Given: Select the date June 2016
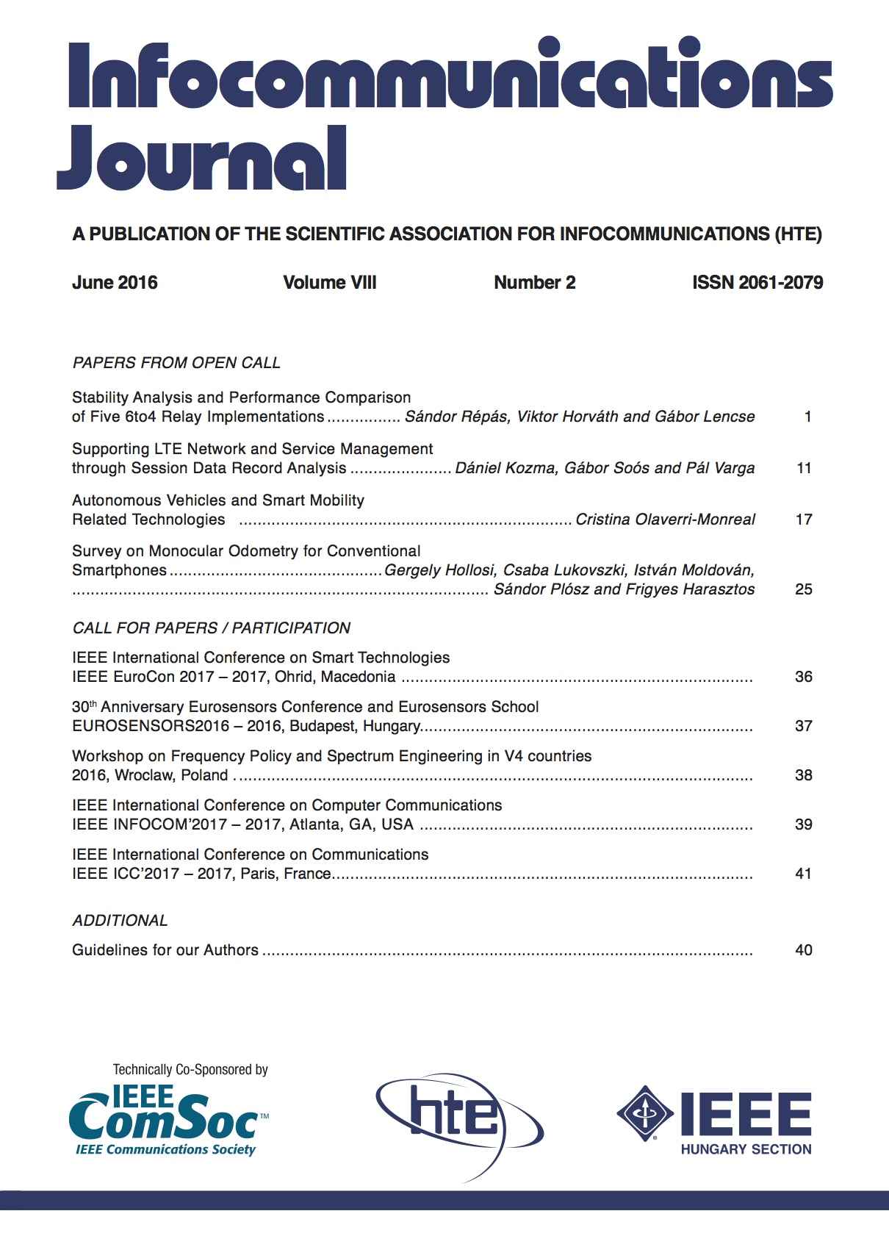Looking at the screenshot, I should (115, 283).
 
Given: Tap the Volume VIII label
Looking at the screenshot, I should (329, 283).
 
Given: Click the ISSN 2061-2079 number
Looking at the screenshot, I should (757, 283).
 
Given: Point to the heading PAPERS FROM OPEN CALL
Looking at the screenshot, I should (176, 363).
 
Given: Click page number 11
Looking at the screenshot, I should (804, 468).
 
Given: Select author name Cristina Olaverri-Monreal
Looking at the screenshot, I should (665, 520).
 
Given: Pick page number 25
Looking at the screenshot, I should (804, 589).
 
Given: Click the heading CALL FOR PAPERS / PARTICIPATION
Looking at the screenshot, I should (212, 628).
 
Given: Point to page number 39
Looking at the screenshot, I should (804, 824).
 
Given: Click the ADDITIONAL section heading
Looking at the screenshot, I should (120, 921).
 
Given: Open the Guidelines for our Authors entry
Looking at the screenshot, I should (165, 950).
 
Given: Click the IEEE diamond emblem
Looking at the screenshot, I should (644, 1113).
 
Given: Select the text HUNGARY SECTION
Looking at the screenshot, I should (746, 1149).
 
